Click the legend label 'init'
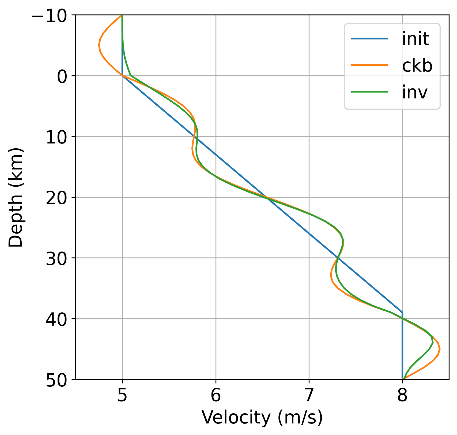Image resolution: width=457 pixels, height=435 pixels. point(416,39)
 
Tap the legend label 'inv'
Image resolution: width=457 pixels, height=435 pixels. point(415,92)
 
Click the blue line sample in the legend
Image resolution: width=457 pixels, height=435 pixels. point(369,39)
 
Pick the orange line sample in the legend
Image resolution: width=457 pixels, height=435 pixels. point(369,65)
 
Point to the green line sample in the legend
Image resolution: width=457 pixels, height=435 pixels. point(369,92)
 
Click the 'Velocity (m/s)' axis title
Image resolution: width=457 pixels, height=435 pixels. point(262,417)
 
